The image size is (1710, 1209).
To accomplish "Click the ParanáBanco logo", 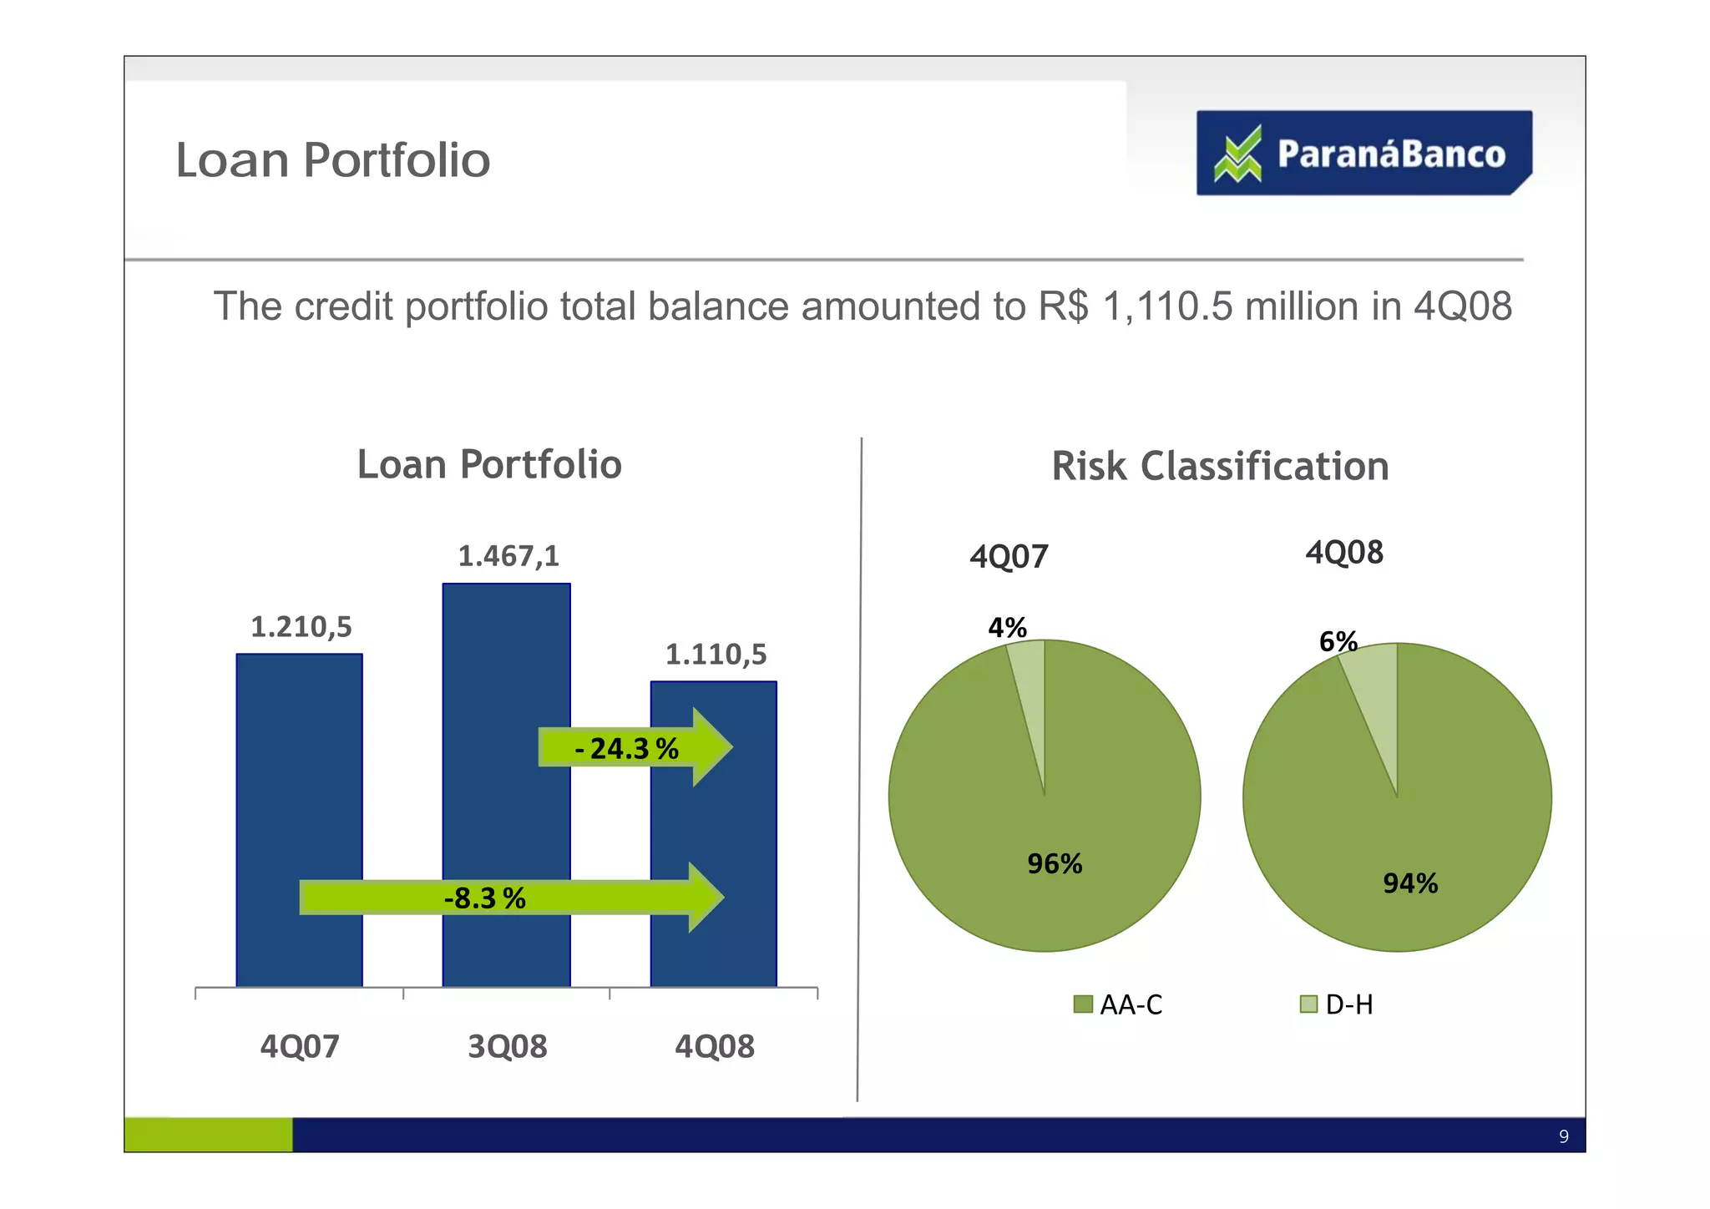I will [1363, 154].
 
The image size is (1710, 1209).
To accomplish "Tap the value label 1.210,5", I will [301, 627].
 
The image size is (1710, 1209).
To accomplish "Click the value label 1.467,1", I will [508, 556].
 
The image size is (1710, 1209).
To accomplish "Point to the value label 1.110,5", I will [716, 655].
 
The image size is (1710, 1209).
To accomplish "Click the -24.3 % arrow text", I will [626, 749].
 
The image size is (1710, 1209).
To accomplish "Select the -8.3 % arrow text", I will [485, 899].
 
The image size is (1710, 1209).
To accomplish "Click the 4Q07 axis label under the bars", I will [300, 1046].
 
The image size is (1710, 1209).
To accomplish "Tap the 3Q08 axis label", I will [507, 1046].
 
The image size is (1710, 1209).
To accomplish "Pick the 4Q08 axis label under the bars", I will [715, 1046].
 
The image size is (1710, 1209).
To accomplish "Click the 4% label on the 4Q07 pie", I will [1007, 628].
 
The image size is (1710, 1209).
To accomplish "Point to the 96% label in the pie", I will [1055, 864].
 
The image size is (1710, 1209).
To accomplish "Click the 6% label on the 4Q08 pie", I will [1338, 641].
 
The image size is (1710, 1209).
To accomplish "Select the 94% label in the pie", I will [1410, 883].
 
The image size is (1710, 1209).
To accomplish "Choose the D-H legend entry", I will [1338, 1004].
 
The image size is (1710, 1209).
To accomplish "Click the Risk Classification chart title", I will [1220, 467].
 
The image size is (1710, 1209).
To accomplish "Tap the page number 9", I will [1564, 1136].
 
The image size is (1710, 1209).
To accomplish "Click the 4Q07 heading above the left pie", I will [1009, 557].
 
